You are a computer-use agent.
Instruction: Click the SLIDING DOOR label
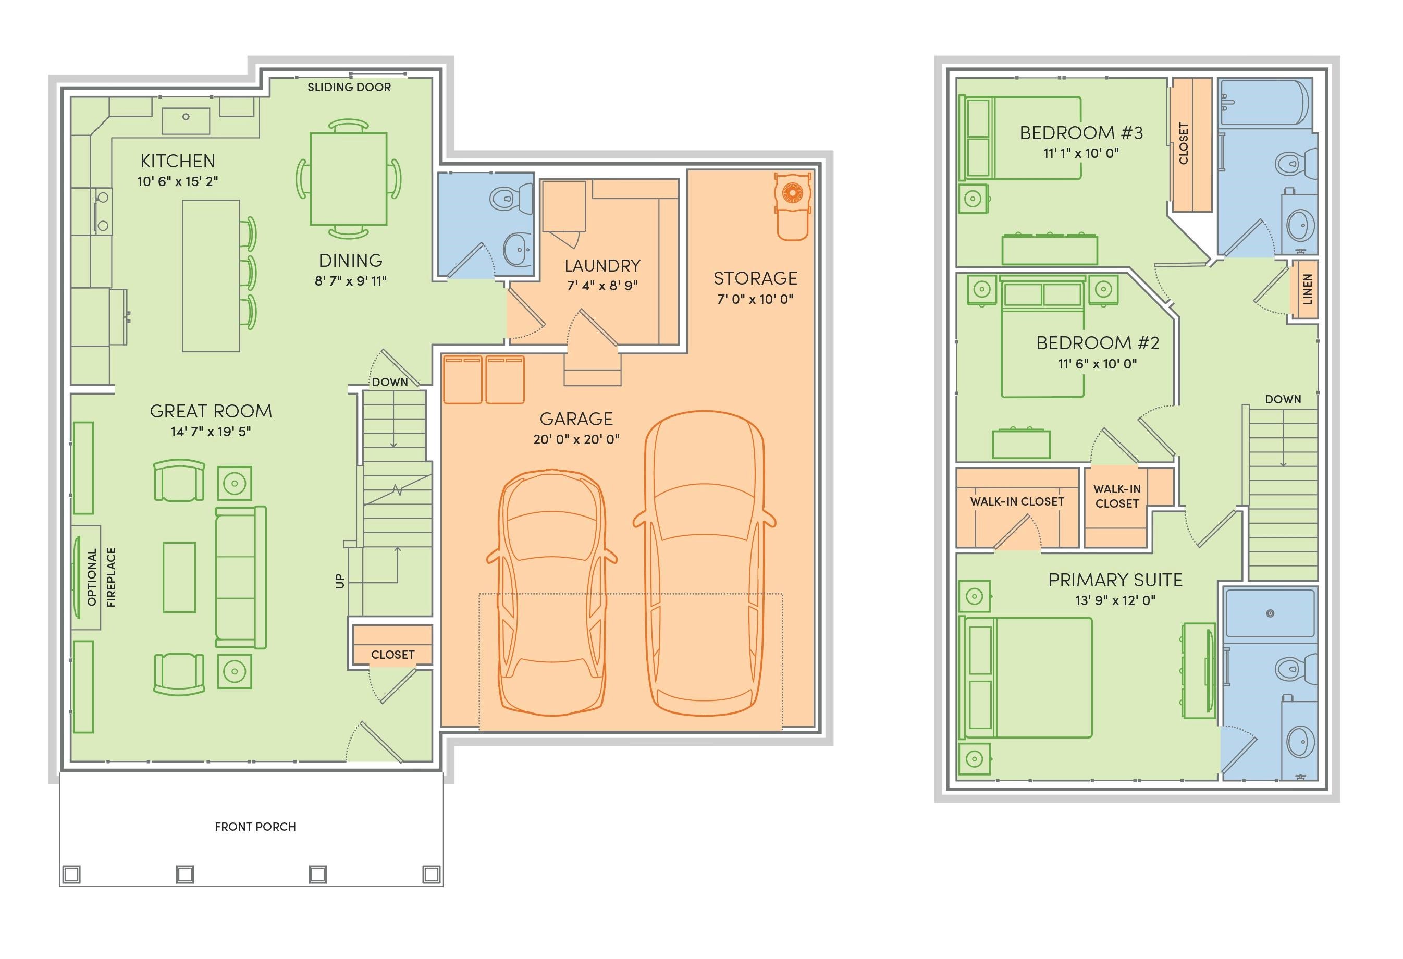point(349,87)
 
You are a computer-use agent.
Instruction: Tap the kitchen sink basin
point(186,121)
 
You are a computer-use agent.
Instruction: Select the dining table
point(348,179)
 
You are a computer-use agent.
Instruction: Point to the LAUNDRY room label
point(602,266)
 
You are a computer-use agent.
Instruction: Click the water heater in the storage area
point(792,206)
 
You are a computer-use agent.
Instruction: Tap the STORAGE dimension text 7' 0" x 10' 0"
point(755,299)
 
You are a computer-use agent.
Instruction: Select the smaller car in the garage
point(552,593)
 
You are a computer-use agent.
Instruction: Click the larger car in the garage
point(704,563)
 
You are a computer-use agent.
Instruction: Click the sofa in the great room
point(241,577)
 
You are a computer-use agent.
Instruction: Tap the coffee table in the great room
point(179,577)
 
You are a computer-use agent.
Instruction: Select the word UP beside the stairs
point(340,581)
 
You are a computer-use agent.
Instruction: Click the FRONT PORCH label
point(255,827)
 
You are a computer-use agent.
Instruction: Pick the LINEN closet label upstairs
point(1308,289)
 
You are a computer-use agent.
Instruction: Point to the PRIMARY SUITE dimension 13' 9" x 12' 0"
point(1115,600)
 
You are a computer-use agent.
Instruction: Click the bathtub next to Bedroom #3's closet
point(1265,102)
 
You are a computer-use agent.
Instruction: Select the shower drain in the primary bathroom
point(1270,613)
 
